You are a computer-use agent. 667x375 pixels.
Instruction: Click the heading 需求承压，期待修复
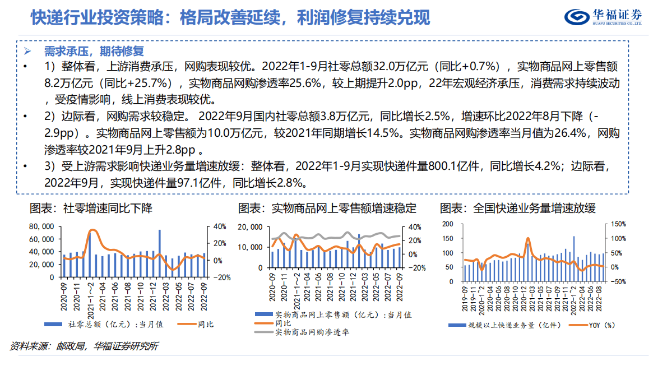tap(94, 52)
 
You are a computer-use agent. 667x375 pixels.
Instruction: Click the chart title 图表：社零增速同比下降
tap(91, 209)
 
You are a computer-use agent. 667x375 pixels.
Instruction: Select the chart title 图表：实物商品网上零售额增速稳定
tap(327, 209)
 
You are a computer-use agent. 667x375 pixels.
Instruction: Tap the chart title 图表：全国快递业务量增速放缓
tap(517, 209)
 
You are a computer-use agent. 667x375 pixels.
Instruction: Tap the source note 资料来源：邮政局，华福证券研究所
tap(84, 346)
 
